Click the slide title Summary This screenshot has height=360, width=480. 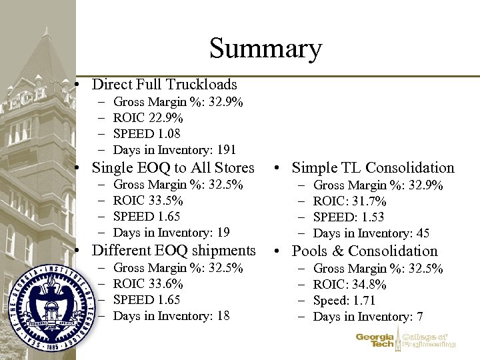coord(265,48)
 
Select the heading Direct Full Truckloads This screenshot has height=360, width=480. coord(164,84)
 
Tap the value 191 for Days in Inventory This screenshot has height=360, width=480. coord(227,149)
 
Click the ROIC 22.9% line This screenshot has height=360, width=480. coord(148,118)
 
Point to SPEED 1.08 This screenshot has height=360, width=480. coord(147,133)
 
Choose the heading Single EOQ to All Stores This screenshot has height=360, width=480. coord(173,167)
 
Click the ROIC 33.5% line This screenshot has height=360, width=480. coord(148,201)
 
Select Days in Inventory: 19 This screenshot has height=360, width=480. coord(171,233)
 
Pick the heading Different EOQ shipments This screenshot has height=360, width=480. coord(173,251)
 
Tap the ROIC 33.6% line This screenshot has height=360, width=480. coord(148,284)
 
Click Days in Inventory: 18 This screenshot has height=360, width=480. coord(171,316)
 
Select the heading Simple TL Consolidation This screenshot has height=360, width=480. coord(373,168)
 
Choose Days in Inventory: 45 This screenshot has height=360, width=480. coord(371,233)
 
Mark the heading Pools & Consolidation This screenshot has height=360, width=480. coord(365,251)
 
